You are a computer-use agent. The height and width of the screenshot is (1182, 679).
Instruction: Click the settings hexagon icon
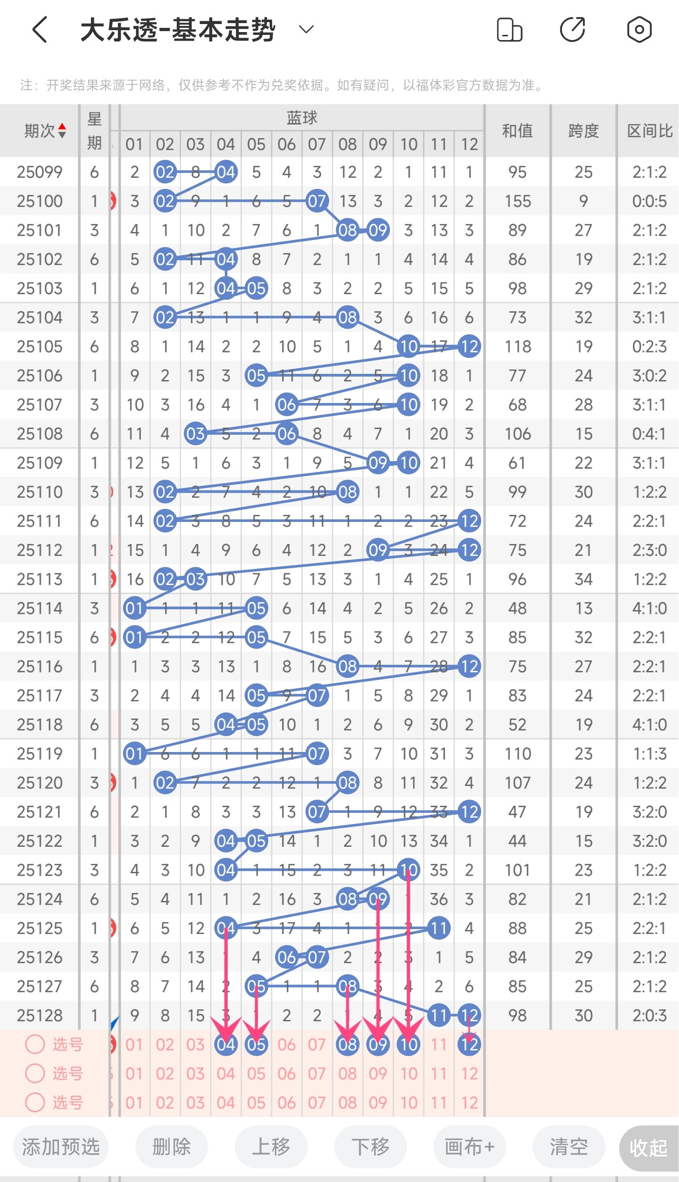point(639,30)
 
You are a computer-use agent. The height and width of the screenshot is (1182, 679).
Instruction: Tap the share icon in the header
point(572,30)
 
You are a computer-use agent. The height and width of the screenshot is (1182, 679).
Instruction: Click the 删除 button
point(172,1147)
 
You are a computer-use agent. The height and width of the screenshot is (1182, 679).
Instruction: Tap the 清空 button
point(569,1147)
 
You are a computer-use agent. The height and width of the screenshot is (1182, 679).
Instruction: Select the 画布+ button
point(469,1147)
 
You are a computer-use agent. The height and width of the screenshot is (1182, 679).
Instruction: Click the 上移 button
point(271,1147)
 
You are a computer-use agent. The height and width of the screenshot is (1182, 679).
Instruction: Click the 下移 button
point(371,1147)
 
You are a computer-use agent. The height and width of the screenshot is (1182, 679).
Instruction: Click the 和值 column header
point(517,131)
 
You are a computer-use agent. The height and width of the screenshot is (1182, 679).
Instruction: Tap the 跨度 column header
point(583,131)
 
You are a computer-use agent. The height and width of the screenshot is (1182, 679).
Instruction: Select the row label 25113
point(40,579)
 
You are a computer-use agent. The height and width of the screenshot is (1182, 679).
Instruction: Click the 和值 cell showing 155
point(518,201)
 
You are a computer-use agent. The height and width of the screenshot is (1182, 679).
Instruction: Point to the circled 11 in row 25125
point(439,928)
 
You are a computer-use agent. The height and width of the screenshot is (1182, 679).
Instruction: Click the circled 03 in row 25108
point(195,434)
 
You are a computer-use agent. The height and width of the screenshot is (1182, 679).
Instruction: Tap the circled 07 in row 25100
point(317,201)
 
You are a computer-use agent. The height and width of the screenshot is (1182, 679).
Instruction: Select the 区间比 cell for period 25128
point(649,1015)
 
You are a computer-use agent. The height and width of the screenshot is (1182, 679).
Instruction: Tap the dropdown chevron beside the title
point(306,30)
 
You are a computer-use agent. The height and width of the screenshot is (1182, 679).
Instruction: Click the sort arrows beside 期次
point(62,131)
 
